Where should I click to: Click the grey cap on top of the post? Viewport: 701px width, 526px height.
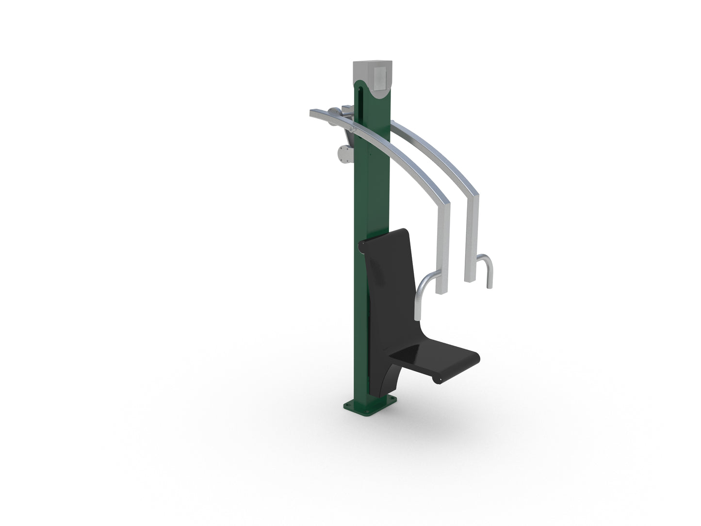pyautogui.click(x=371, y=73)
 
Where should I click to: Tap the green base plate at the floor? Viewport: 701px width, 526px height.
pyautogui.click(x=370, y=404)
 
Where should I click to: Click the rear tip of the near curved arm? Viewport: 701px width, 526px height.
pyautogui.click(x=313, y=114)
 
